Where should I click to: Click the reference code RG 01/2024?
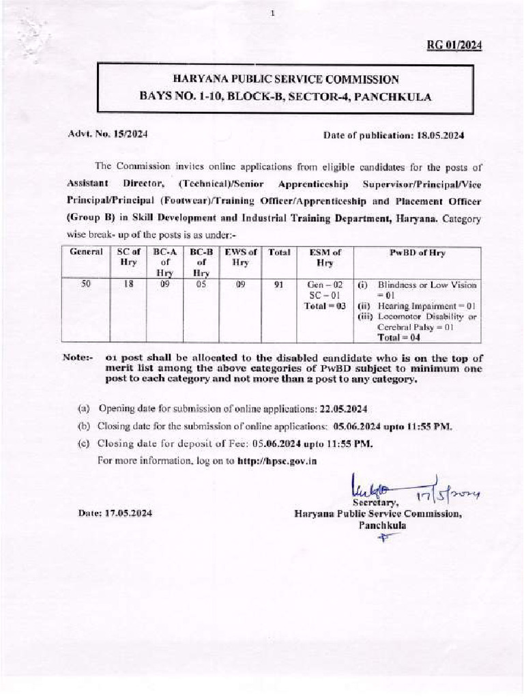coord(454,46)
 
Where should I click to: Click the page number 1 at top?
coord(272,13)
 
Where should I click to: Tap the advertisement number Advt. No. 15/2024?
coord(107,135)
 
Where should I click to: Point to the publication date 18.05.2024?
coord(439,135)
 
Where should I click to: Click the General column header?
coord(87,252)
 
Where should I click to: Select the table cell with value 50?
coord(87,284)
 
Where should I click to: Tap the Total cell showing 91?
coord(278,284)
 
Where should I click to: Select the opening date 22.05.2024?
coord(344,409)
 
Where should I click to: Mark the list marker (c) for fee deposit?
coord(85,443)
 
